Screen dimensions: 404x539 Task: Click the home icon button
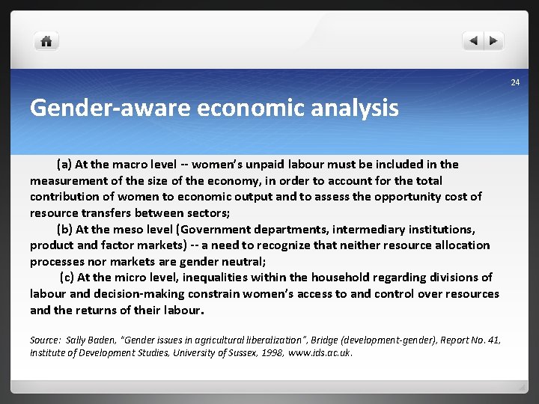(x=46, y=41)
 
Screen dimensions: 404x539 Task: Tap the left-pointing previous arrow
(x=473, y=41)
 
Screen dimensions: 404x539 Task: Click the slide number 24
(x=515, y=82)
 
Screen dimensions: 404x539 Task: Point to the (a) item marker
(x=64, y=164)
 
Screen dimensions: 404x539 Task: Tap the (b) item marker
(x=64, y=229)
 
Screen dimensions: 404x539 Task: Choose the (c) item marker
(x=67, y=278)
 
